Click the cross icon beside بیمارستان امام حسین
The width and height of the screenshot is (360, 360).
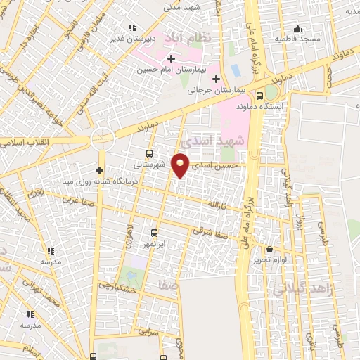coord(171,58)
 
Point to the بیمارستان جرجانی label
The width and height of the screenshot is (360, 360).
coord(215,90)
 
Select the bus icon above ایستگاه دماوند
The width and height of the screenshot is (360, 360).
coord(260,96)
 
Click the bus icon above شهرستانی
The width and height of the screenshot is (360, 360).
coord(149,153)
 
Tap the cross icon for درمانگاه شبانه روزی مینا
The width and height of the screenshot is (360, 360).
coord(100,170)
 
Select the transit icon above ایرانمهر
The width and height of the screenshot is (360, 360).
coord(155,233)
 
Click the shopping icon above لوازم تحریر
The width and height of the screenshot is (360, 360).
coord(270,249)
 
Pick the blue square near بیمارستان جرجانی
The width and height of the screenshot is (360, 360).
coord(235,71)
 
